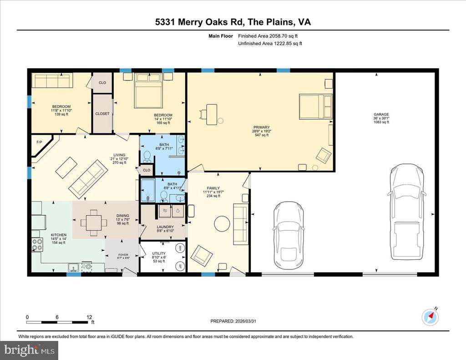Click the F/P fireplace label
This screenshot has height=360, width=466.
point(39,142)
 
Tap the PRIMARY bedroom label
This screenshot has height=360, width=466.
point(262,127)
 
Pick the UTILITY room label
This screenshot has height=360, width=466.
point(159,254)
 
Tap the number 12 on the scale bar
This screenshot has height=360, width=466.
point(89,317)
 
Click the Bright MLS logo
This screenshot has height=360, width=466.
point(30,350)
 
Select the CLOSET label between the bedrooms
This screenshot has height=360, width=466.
point(102,114)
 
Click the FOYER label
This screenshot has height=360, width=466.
point(123,255)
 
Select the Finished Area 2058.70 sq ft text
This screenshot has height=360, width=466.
point(268,36)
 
